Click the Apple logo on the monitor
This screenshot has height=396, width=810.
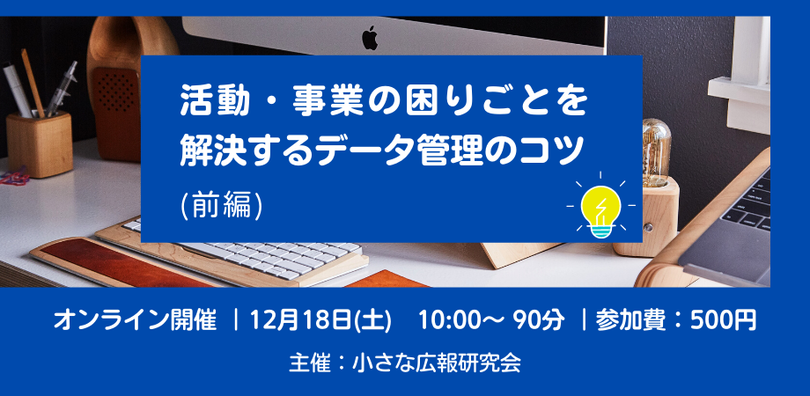coord(370,38)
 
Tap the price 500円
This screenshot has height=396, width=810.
coord(724,320)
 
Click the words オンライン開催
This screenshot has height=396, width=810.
coord(135,320)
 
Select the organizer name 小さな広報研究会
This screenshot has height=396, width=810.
coord(436,363)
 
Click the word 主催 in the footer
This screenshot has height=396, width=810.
coord(309,363)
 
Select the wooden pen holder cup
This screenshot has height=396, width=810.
coord(40,144)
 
